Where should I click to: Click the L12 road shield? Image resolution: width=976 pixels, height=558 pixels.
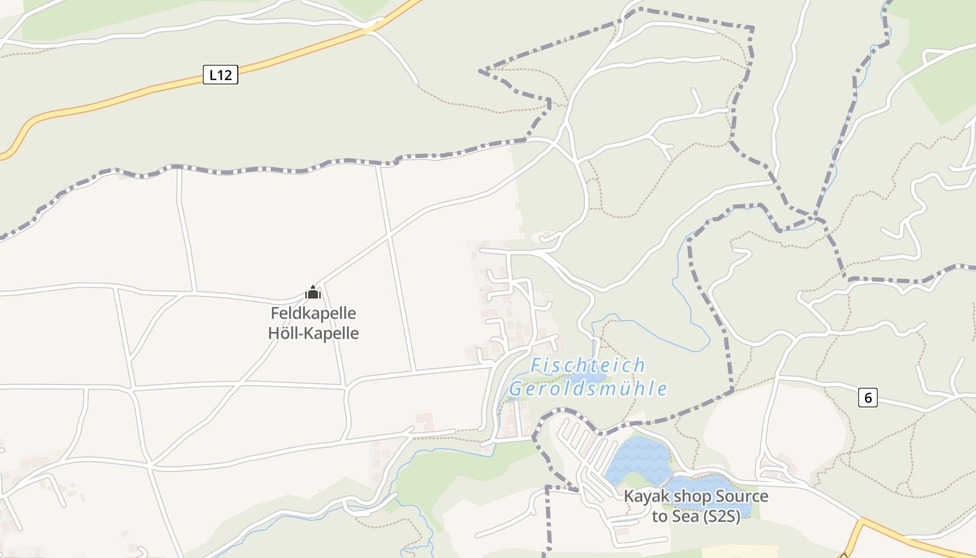click(x=220, y=75)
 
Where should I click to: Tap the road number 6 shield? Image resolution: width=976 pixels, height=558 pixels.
click(x=867, y=398)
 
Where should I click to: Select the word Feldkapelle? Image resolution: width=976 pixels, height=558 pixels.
click(x=313, y=312)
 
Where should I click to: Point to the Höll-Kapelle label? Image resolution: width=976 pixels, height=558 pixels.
click(x=313, y=333)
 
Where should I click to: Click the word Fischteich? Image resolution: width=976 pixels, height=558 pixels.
click(x=588, y=365)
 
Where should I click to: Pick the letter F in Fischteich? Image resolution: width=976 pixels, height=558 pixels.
click(x=535, y=365)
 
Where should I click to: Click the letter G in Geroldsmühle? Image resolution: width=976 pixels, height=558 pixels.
click(x=516, y=389)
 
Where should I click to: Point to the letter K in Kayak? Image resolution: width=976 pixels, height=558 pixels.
click(x=628, y=497)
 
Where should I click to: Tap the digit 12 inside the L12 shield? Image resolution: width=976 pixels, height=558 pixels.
click(x=224, y=75)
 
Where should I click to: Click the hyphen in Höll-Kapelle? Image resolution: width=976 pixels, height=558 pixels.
click(x=302, y=333)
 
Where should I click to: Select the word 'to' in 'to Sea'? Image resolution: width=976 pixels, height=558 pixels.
click(x=659, y=517)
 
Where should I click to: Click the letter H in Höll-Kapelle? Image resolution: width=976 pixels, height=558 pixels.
click(x=273, y=333)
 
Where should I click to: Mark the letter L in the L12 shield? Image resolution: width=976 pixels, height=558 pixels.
click(x=212, y=75)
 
